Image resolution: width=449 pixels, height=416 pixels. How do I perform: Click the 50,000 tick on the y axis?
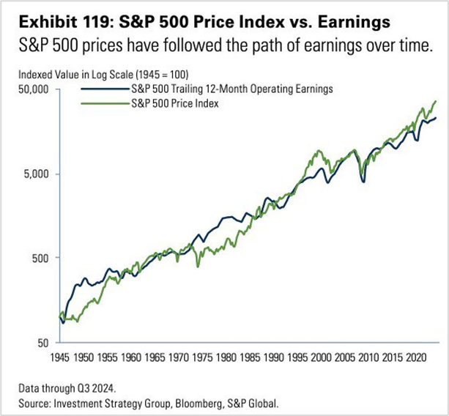coord(34,89)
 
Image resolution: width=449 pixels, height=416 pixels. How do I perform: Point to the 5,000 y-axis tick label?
coord(36,174)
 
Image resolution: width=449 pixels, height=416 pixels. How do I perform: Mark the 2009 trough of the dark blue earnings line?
coord(364,181)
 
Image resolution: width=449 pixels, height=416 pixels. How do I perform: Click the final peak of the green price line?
coord(436,101)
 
